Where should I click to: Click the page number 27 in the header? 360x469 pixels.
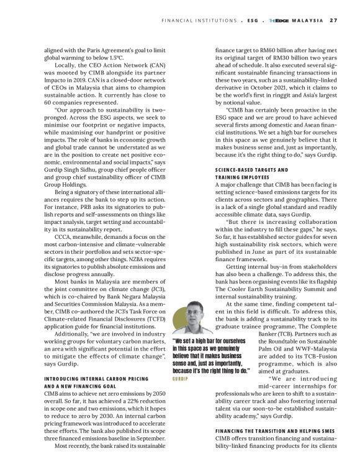(x=333, y=19)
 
